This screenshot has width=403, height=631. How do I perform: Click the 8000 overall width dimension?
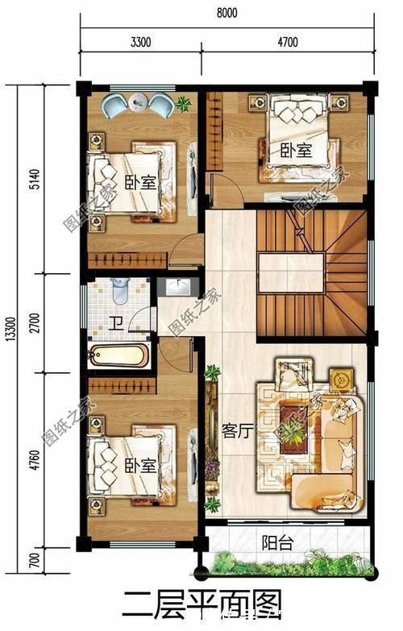226,12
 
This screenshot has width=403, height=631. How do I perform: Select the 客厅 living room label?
238,432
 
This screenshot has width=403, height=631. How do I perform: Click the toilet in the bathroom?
120,290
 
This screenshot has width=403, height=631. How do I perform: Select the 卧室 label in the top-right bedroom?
296,151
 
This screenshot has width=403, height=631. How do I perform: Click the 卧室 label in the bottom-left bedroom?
140,467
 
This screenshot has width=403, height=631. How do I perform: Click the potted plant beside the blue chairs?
184,102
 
